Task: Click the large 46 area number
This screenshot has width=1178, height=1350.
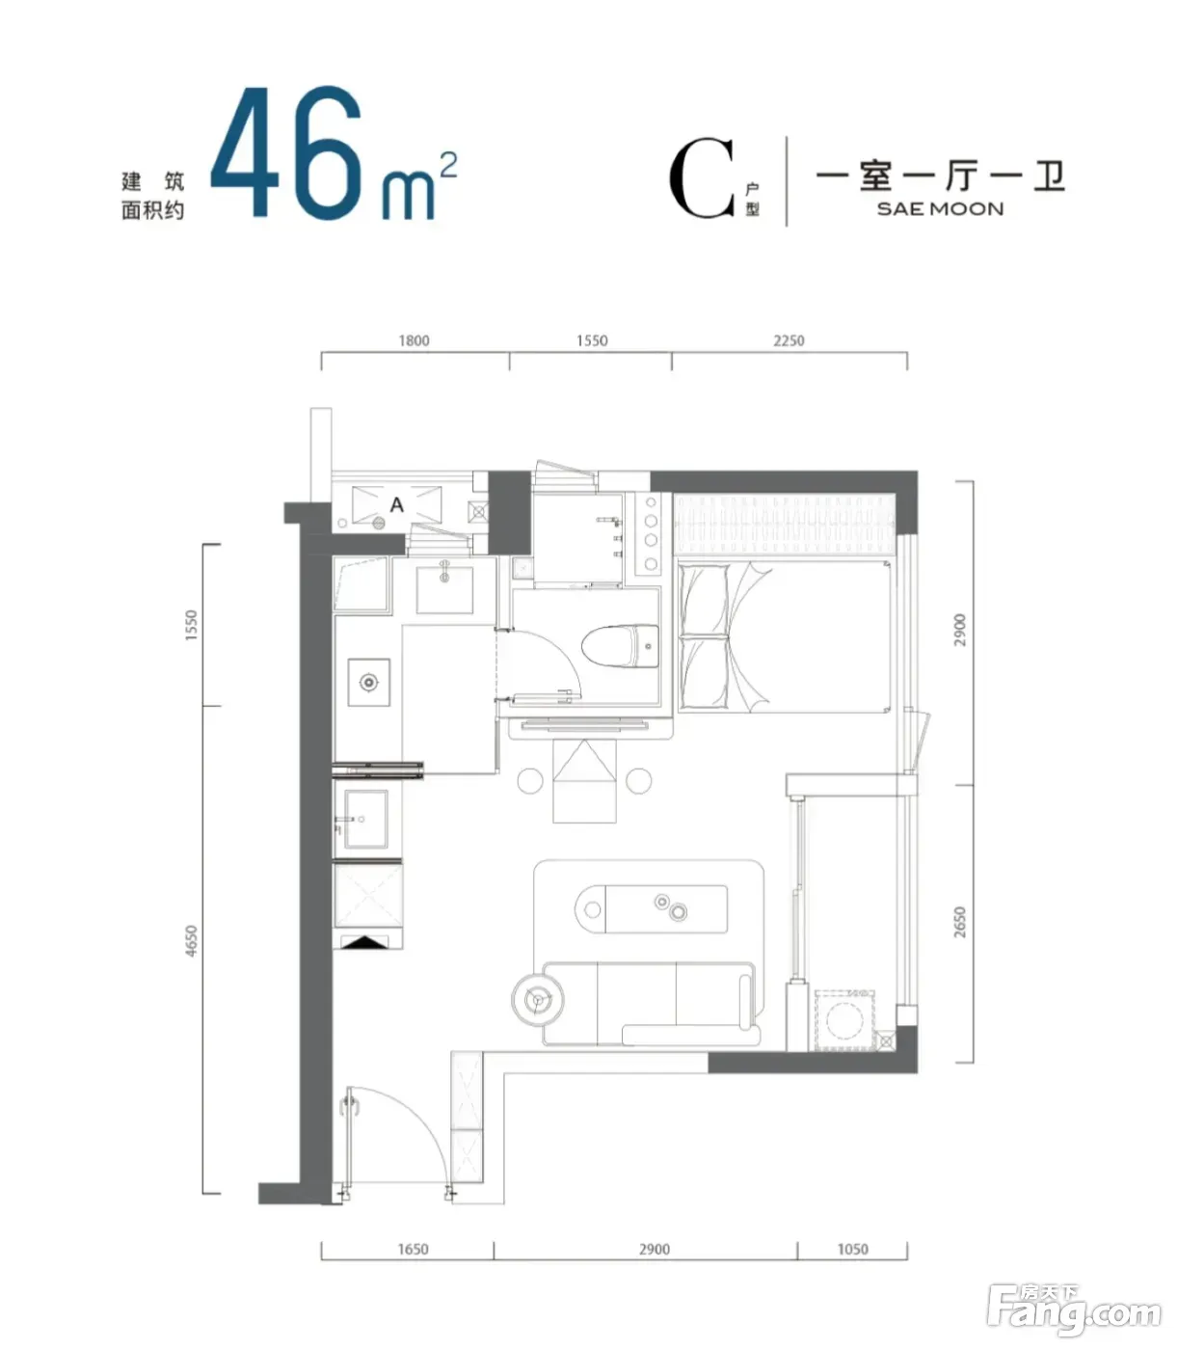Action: pyautogui.click(x=287, y=151)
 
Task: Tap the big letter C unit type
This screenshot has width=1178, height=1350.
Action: pyautogui.click(x=702, y=177)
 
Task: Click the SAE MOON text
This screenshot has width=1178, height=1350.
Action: pyautogui.click(x=940, y=209)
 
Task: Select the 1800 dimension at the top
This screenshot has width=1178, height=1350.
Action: pyautogui.click(x=414, y=340)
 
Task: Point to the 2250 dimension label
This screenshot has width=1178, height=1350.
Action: pyautogui.click(x=789, y=340)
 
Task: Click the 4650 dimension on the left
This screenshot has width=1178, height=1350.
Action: pyautogui.click(x=191, y=941)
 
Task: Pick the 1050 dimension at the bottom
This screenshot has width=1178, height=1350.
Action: pyautogui.click(x=853, y=1249)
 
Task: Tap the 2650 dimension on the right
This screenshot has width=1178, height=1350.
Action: pyautogui.click(x=960, y=922)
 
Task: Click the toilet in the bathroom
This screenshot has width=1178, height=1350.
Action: pyautogui.click(x=620, y=646)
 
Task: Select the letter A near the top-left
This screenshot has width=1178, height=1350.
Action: pyautogui.click(x=396, y=504)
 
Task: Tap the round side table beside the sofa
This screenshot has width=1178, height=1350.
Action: pyautogui.click(x=538, y=1000)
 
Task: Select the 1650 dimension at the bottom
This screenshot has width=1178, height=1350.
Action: pyautogui.click(x=413, y=1249)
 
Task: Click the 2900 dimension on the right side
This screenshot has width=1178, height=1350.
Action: pyautogui.click(x=960, y=630)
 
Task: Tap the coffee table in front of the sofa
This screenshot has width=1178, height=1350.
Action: pyautogui.click(x=651, y=909)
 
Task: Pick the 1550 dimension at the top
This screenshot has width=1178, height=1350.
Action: pyautogui.click(x=592, y=340)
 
